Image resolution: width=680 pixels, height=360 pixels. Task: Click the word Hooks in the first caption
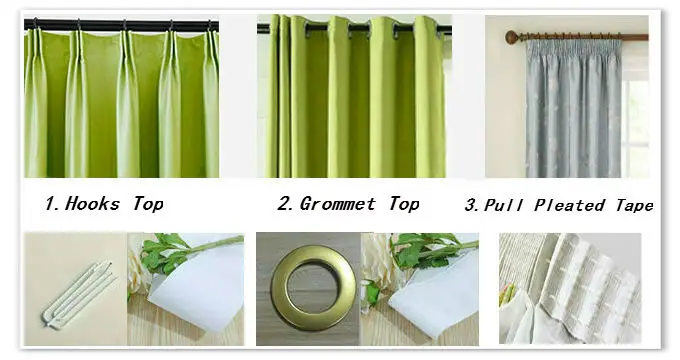coord(92,203)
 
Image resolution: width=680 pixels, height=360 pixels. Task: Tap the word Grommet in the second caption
coord(338,203)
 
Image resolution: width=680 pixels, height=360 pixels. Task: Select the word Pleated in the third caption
coord(569,205)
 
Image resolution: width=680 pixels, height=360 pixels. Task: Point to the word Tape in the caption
coord(634,205)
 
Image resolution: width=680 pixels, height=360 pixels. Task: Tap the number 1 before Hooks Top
coord(52,203)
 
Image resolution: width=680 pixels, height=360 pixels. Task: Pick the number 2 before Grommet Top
coord(285,203)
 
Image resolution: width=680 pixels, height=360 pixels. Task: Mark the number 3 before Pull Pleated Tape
coord(471,205)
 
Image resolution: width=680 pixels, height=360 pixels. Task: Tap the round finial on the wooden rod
coord(512,37)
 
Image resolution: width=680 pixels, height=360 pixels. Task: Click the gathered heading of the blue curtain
coord(572,46)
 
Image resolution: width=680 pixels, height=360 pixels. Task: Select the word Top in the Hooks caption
coord(148,203)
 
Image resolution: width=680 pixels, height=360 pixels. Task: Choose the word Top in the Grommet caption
coord(404,203)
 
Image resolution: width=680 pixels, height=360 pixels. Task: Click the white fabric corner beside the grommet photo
coord(434,299)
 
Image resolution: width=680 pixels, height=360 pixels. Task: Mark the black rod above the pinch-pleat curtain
coord(121,26)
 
